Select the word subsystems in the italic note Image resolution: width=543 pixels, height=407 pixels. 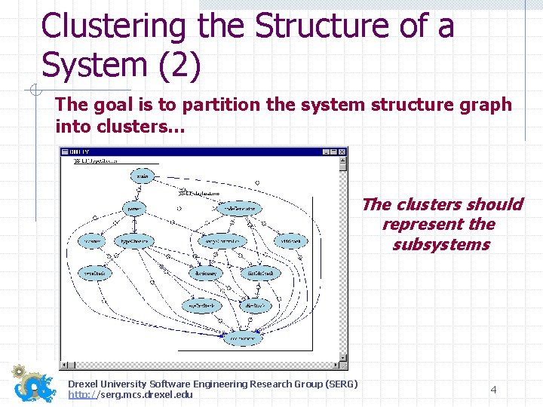pos(440,244)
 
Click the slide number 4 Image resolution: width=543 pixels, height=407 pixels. pos(493,390)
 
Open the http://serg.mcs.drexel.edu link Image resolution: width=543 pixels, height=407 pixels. pos(130,395)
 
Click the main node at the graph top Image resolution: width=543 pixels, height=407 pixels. pos(142,176)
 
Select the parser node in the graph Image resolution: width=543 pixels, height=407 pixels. pos(135,207)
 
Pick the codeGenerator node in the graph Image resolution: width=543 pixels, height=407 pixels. pos(240,207)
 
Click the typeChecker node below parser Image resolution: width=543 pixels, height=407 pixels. pos(136,241)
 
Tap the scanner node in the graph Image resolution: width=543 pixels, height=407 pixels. pos(92,241)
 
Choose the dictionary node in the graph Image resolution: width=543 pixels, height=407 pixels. pos(206,273)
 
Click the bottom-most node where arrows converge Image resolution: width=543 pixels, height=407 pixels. pos(242,338)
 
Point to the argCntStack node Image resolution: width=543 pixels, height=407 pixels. pos(201,305)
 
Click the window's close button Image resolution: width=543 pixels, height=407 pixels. pos(343,151)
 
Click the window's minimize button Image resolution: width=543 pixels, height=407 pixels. pos(326,151)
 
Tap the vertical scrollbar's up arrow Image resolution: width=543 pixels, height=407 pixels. pos(343,161)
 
